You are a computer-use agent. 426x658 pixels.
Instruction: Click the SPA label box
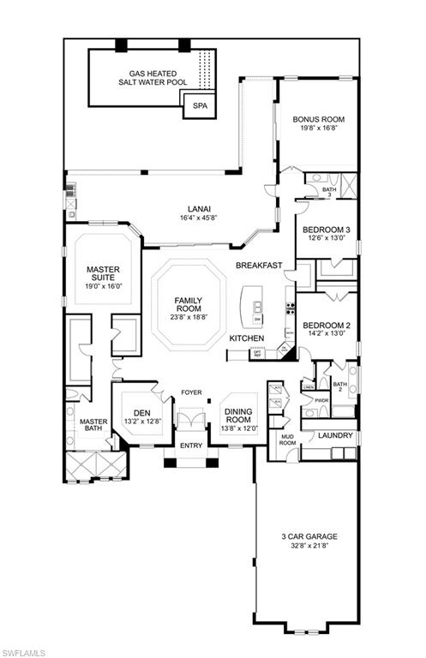pyautogui.click(x=200, y=106)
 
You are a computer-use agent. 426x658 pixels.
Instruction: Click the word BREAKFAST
pyautogui.click(x=259, y=266)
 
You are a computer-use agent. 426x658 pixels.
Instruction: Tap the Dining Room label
pyautogui.click(x=237, y=416)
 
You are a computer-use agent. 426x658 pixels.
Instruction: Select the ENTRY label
pyautogui.click(x=189, y=446)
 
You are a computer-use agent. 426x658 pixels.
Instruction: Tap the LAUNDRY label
pyautogui.click(x=335, y=436)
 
